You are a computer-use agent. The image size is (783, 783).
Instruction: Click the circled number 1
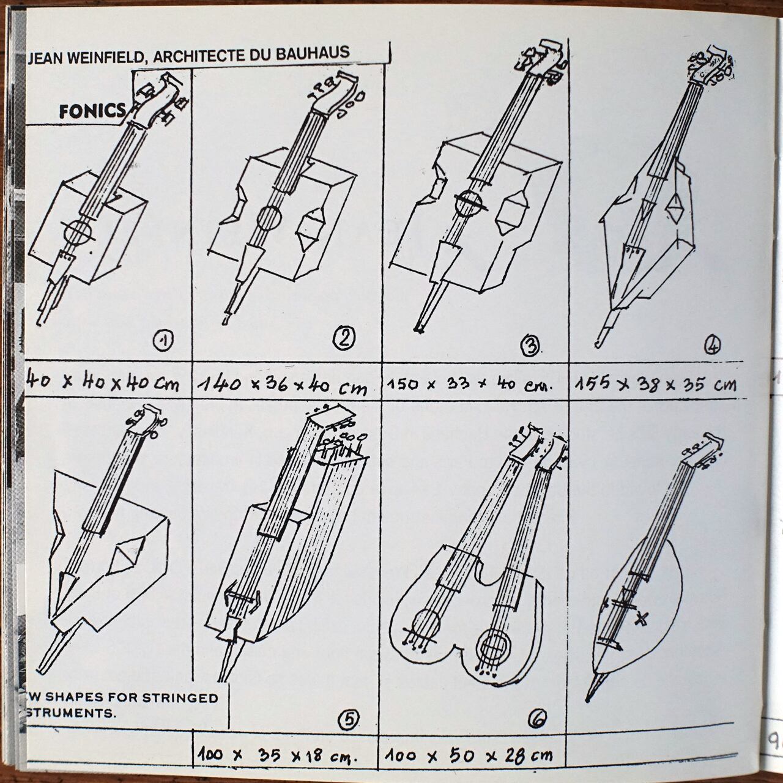pyautogui.click(x=163, y=340)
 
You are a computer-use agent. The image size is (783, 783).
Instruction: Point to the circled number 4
pyautogui.click(x=711, y=346)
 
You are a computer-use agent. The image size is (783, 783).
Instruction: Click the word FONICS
pyautogui.click(x=92, y=111)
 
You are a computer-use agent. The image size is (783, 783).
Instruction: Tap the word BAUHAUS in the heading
pyautogui.click(x=314, y=53)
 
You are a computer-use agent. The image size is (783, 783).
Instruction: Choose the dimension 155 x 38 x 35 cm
pyautogui.click(x=656, y=384)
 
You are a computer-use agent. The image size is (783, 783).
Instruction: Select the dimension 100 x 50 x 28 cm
pyautogui.click(x=470, y=756)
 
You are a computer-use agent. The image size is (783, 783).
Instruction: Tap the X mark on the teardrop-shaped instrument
pyautogui.click(x=641, y=619)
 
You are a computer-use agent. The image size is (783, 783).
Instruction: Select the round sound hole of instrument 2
pyautogui.click(x=268, y=216)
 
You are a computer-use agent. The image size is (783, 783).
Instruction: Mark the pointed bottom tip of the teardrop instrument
pyautogui.click(x=589, y=697)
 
